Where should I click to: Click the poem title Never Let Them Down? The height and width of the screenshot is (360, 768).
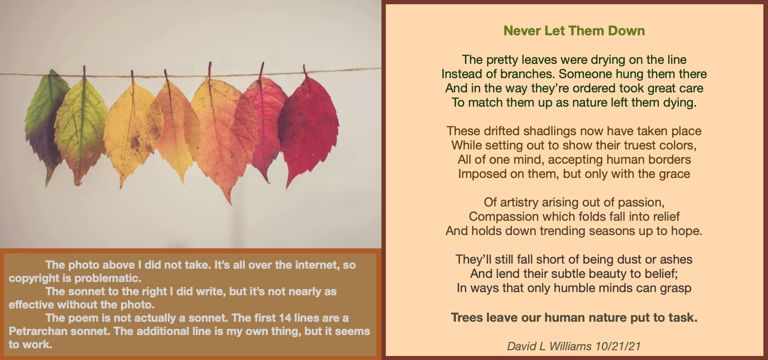click(574, 31)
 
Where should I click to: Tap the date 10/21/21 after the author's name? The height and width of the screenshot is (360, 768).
click(618, 346)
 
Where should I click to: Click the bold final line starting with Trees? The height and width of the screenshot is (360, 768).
click(574, 318)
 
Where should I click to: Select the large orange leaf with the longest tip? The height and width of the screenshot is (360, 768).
click(223, 137)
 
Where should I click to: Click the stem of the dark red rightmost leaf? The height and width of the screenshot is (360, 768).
click(305, 70)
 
